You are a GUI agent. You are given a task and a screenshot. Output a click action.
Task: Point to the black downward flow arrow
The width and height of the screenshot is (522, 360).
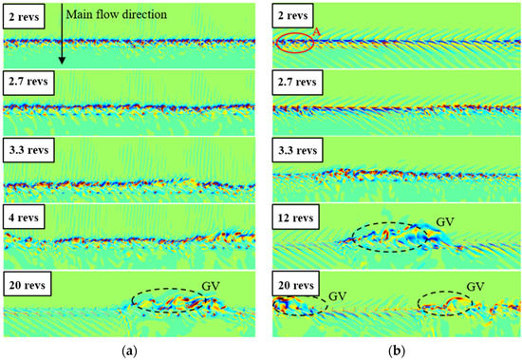(x=60, y=38)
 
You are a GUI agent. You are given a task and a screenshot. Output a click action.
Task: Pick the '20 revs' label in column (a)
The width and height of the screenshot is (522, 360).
(x=28, y=286)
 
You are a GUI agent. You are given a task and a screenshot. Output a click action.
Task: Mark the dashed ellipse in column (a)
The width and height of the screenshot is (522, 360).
(x=174, y=301)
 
